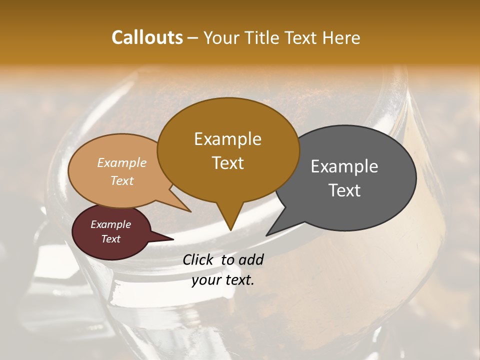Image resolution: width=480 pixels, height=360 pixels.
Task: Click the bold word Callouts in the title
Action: click(147, 37)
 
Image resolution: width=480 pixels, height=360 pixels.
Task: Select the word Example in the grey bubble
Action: click(344, 166)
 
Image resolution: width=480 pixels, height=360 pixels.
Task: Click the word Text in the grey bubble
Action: click(344, 190)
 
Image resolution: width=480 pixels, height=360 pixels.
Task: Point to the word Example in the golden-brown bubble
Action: click(227, 139)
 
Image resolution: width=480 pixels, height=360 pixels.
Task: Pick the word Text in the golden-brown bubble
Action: click(227, 163)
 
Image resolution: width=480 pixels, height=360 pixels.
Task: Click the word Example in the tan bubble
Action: click(122, 163)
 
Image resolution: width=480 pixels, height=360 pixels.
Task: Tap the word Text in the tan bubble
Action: click(122, 180)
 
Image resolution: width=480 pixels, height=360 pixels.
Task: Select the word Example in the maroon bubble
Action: click(110, 224)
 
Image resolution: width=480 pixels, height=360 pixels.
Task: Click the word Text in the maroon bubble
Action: click(110, 239)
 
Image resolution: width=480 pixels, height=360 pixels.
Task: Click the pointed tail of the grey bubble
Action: click(270, 232)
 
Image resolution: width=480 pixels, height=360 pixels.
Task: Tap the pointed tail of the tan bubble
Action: click(187, 209)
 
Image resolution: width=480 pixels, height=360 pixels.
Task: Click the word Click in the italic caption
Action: click(199, 259)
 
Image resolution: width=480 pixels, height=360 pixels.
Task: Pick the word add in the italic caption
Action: click(251, 259)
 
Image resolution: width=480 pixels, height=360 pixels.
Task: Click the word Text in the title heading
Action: click(300, 37)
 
